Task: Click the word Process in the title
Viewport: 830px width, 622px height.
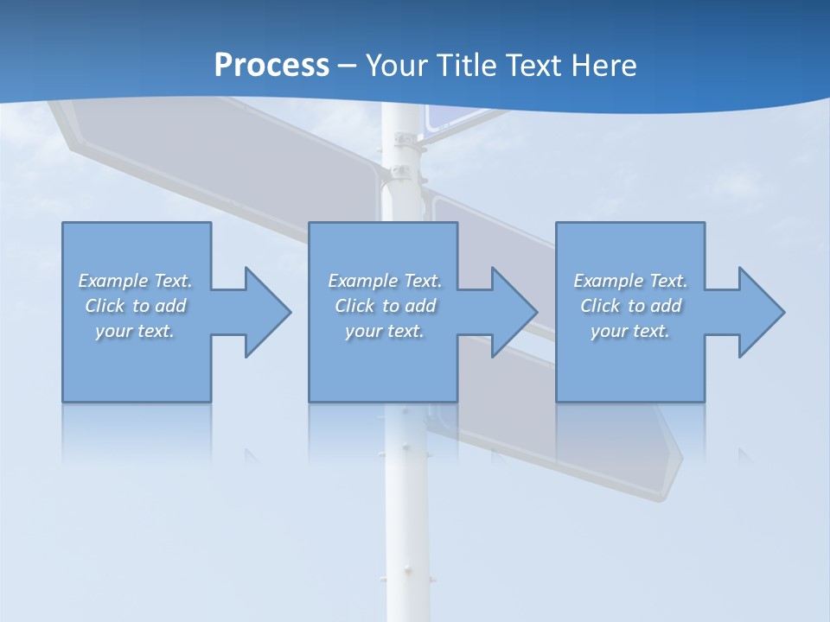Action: coord(271,66)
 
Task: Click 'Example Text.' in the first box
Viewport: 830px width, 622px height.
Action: coord(135,281)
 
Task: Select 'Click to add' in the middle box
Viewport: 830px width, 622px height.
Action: coord(385,306)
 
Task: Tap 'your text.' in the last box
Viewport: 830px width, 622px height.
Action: coord(630,331)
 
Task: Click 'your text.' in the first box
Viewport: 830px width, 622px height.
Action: coord(135,331)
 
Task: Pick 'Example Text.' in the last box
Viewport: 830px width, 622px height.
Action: coord(630,281)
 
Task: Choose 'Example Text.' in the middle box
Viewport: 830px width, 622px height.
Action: coord(385,281)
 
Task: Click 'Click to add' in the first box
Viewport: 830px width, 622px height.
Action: coord(135,306)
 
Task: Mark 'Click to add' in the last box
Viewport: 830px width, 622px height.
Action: coord(630,306)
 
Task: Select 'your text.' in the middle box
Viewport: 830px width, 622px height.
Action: coord(385,331)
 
